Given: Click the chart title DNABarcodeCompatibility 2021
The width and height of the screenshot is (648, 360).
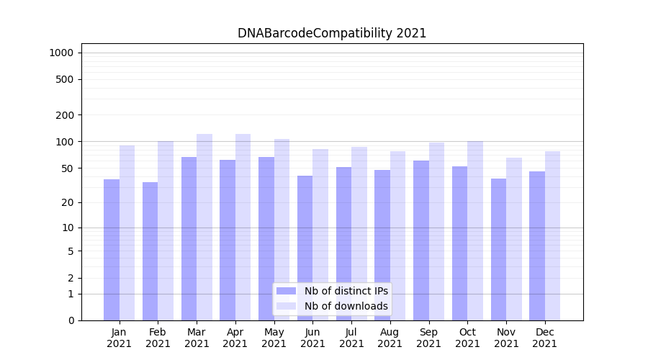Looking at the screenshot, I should point(332,33).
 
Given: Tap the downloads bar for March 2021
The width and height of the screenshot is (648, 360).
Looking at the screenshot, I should point(204,227).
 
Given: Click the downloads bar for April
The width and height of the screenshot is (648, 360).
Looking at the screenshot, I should point(243,227).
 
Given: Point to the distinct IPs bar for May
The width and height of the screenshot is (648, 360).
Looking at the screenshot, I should point(266,238).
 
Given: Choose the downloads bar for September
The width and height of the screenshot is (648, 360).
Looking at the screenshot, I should point(436,231).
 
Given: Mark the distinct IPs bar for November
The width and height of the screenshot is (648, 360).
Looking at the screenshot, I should point(498,249).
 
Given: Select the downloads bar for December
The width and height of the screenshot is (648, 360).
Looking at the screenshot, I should point(553,235).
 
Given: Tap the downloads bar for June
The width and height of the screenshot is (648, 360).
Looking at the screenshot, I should point(320,234).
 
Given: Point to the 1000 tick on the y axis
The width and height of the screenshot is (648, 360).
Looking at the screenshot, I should point(61,53).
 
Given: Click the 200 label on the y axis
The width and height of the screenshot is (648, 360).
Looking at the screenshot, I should point(65,115).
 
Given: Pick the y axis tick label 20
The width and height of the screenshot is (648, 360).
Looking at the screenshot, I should point(67,202).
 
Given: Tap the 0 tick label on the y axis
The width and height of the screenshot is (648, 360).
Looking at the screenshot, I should point(71,320).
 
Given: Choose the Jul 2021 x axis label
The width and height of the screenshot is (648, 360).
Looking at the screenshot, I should point(351,338).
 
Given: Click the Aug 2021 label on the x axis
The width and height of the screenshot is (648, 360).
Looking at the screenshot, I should point(390,338).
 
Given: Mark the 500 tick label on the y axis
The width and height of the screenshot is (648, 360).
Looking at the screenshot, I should point(65,79).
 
